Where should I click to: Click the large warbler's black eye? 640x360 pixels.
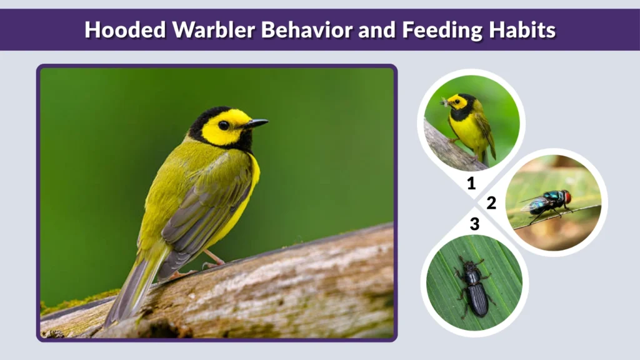point(224,125)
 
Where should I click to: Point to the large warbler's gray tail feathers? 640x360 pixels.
point(128,291)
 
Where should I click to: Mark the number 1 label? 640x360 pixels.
point(471,183)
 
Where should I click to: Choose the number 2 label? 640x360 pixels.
point(491,202)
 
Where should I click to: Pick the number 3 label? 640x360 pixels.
point(474,223)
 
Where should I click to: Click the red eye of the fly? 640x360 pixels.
point(567,197)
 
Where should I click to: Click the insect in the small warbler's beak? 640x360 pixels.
point(445,101)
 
